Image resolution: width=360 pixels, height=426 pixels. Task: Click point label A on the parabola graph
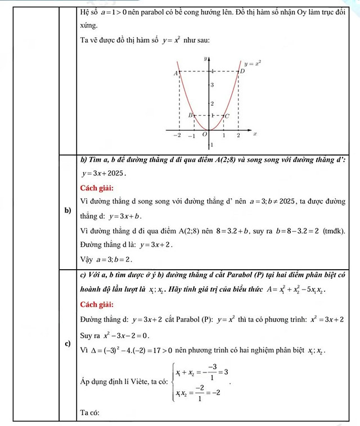coord(176,73)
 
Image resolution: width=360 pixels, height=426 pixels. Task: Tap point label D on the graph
coord(242,71)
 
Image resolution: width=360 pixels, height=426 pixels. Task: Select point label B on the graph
coord(190,115)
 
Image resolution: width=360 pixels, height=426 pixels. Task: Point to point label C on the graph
coord(227,116)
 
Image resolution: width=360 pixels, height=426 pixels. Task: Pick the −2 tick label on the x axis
coord(177,135)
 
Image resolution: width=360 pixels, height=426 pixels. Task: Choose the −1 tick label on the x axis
coord(191,135)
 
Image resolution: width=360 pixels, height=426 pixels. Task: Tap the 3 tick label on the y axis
coord(212,85)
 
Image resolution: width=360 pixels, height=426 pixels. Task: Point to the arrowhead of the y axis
coord(209,56)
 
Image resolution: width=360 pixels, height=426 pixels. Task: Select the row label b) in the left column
coord(68,210)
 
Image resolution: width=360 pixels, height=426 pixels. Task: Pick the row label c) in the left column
coord(68,343)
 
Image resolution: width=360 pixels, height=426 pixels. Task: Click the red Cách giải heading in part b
coord(97,187)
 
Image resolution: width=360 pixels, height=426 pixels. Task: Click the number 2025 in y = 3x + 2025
coord(115,173)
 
